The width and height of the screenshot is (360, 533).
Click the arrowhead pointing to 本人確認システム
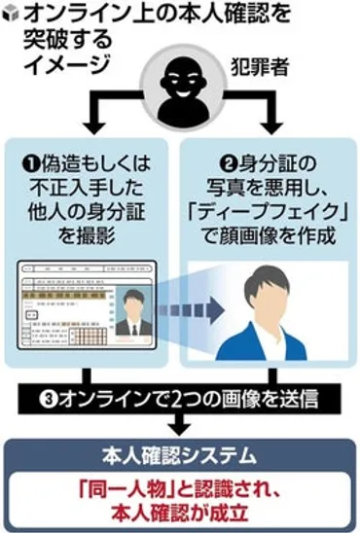(179, 427)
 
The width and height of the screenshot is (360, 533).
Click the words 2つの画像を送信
(234, 398)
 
